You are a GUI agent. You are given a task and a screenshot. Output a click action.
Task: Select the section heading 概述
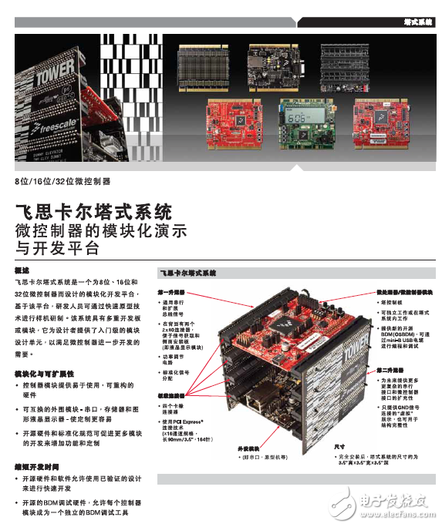pyautogui.click(x=22, y=272)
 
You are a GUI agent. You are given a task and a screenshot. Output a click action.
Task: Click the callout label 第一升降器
pyautogui.click(x=171, y=293)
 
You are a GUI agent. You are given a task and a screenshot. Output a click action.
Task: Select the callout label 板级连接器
pyautogui.click(x=171, y=394)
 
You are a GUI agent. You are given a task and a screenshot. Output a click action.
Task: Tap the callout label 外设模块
pyautogui.click(x=248, y=448)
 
